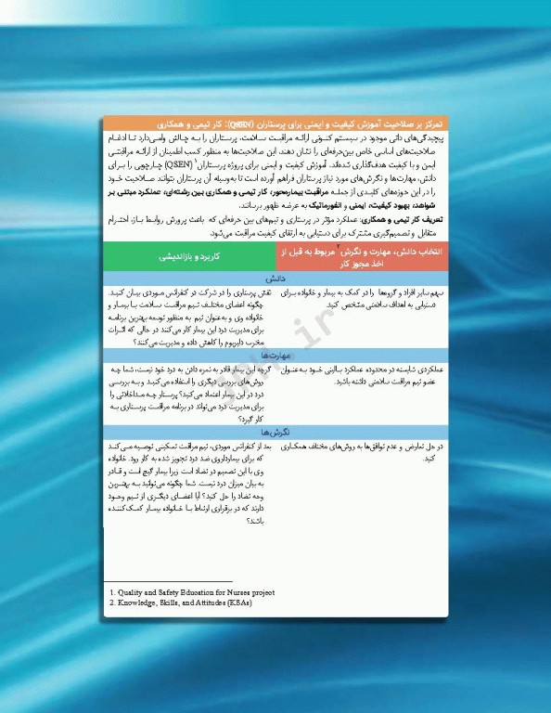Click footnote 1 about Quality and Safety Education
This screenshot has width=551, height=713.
[x=191, y=591]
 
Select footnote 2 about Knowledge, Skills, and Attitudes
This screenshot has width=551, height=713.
[x=180, y=603]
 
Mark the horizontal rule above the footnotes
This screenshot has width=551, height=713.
[x=168, y=581]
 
